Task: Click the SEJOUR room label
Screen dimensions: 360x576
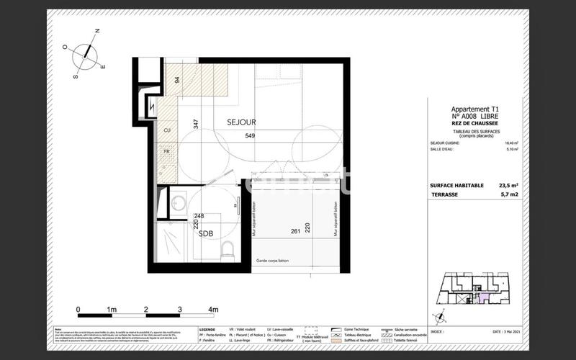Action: tap(242, 122)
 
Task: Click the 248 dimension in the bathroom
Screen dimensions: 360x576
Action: tap(199, 215)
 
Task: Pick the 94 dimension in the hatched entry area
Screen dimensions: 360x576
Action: tap(176, 81)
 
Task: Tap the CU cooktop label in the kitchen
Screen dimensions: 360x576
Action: tap(167, 130)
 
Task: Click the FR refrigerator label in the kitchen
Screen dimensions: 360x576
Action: tap(166, 152)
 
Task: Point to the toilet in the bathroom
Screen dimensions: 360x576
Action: tap(228, 251)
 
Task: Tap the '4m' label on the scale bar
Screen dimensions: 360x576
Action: tap(213, 309)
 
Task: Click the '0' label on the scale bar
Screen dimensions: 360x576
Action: tap(78, 309)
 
